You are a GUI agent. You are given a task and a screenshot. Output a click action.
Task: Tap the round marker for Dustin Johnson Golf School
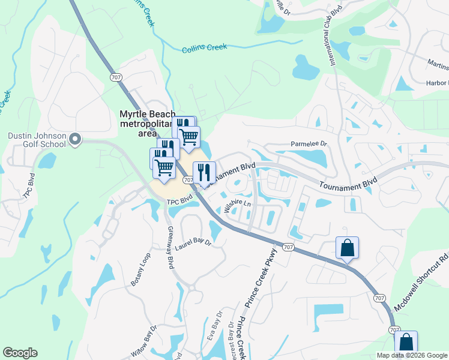(75, 140)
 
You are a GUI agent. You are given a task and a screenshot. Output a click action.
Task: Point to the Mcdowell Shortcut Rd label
(421, 284)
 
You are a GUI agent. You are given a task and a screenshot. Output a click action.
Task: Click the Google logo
(20, 353)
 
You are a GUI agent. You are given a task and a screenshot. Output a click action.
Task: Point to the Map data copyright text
(411, 355)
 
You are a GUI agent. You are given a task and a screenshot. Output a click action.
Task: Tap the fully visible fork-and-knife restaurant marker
(204, 173)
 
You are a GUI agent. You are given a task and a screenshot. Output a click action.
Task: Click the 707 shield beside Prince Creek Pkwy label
(288, 247)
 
